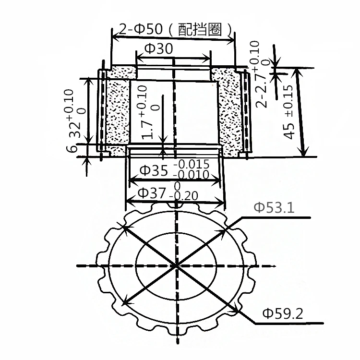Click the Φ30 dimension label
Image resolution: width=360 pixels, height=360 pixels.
coord(158,49)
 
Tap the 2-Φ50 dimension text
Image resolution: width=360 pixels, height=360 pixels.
coord(139,30)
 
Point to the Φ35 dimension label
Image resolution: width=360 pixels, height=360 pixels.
coord(153,170)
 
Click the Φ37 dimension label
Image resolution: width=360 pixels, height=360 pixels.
coord(152,193)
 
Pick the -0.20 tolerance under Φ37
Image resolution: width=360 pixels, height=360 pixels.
coord(184,196)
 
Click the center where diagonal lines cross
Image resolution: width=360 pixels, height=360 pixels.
coord(176,265)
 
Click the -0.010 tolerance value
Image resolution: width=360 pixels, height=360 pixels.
coord(191,174)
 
